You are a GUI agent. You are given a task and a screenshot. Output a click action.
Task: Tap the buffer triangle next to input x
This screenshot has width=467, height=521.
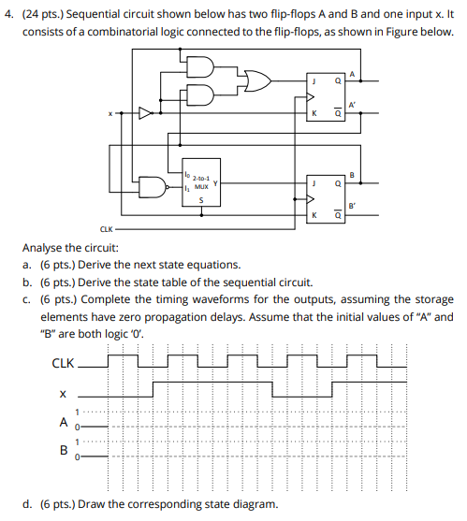click(146, 115)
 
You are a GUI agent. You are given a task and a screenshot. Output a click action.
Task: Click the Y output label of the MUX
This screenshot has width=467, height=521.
click(215, 184)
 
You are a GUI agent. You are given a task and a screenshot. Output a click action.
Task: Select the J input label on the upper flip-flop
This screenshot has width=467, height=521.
click(314, 80)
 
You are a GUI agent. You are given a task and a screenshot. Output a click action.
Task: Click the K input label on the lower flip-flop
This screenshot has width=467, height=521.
click(314, 216)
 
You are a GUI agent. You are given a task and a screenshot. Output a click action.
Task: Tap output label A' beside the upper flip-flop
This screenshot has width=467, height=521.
click(352, 104)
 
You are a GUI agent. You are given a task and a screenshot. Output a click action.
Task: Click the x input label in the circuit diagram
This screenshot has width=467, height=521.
click(109, 115)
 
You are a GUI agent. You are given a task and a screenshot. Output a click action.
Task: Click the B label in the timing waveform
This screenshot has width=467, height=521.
click(63, 448)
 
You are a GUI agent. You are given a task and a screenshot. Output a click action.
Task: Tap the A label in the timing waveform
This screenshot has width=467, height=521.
click(63, 420)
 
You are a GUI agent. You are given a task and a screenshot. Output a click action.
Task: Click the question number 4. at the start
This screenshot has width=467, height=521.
click(9, 15)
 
